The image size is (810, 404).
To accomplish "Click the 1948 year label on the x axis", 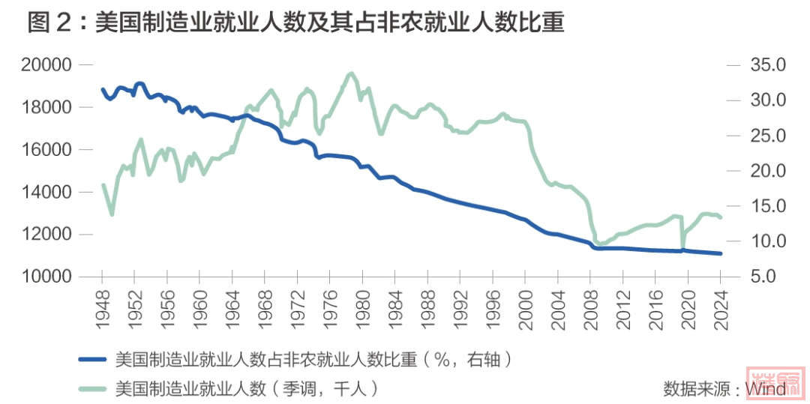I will (102, 307).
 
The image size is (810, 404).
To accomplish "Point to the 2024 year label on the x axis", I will (720, 307).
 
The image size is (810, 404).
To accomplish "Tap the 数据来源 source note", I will (724, 388).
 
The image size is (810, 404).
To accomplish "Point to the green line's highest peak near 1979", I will (351, 73).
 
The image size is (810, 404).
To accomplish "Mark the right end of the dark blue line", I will (721, 253).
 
